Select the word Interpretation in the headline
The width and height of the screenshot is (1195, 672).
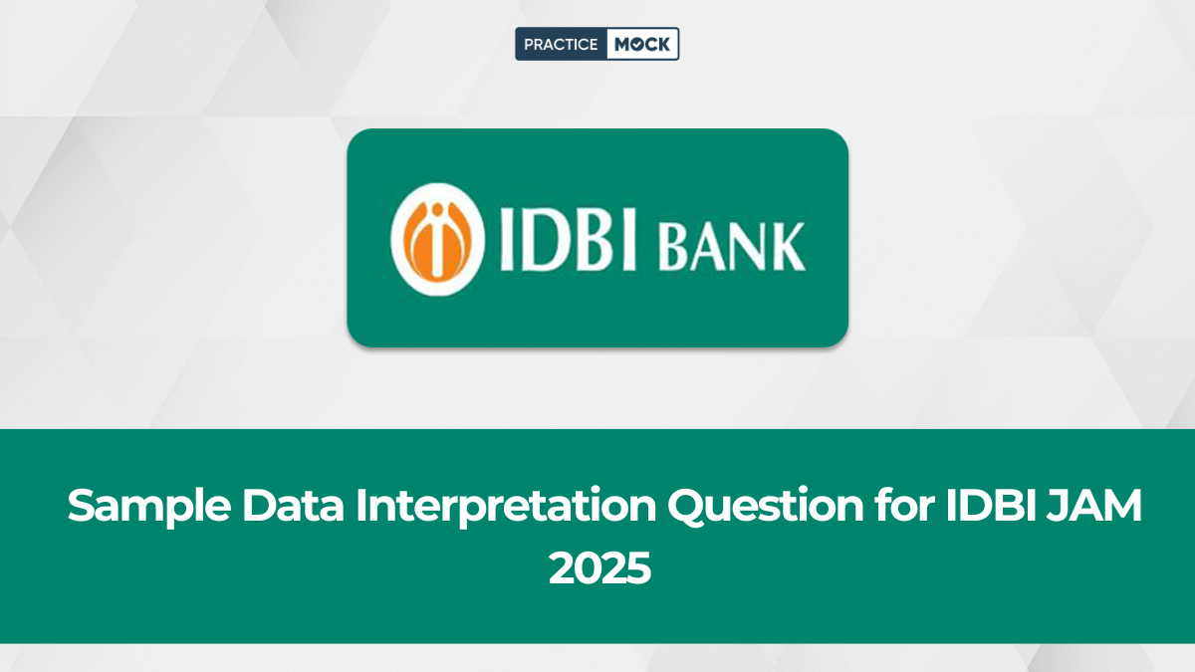(x=507, y=509)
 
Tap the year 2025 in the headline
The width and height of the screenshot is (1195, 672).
(x=599, y=568)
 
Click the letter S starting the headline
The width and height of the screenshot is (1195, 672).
(x=83, y=507)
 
